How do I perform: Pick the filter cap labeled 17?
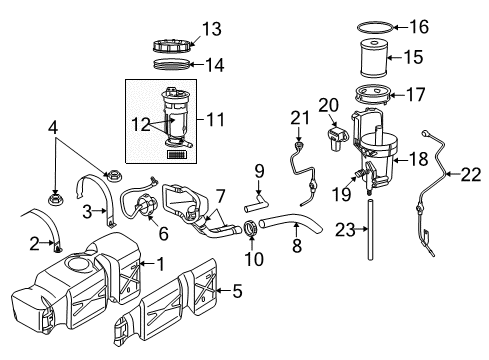point(377,99)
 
